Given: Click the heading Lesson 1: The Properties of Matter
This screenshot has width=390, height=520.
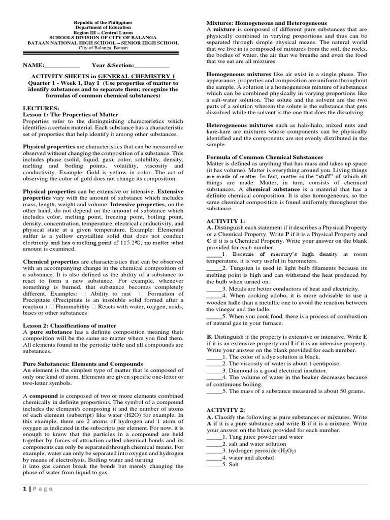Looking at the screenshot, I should point(70,115).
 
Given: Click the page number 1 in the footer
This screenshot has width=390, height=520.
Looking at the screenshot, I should point(25,489).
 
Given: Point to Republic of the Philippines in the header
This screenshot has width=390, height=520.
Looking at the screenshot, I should point(103,23).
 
